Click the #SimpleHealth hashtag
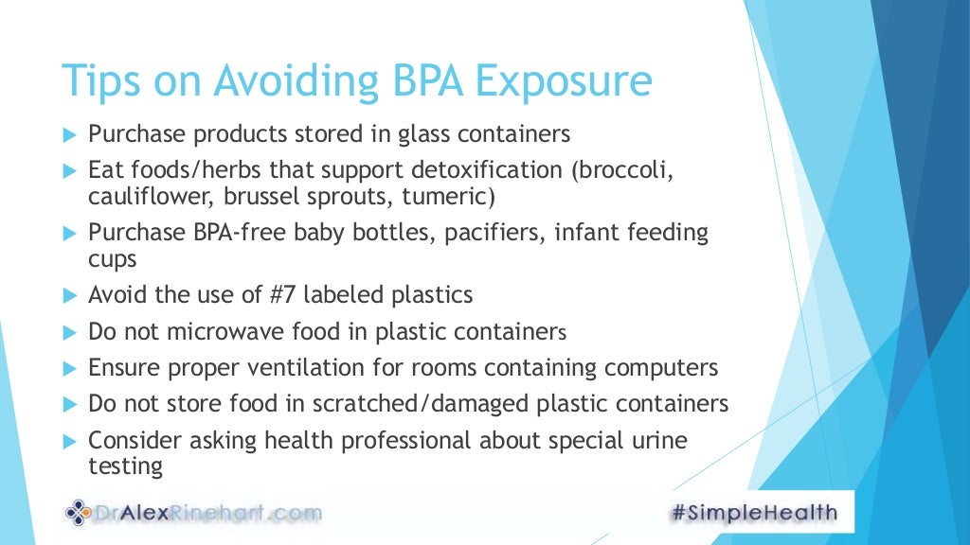(753, 513)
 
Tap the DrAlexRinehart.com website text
(208, 514)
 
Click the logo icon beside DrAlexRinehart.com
(79, 514)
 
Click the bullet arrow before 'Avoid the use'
(68, 295)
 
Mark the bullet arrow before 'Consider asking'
(68, 441)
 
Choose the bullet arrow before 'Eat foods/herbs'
(68, 172)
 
